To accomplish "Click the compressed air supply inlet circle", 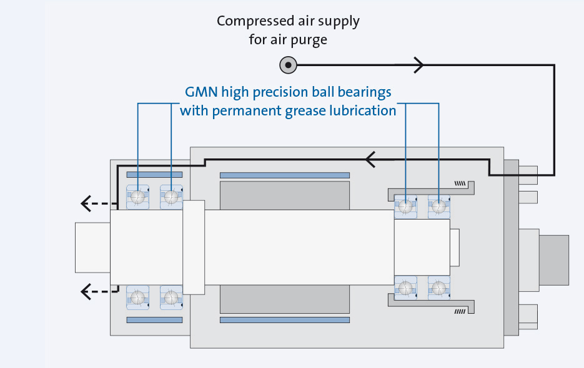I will [288, 64].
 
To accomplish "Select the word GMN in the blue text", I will [200, 92].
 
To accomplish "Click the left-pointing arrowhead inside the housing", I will [370, 160].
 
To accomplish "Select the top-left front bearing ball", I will [137, 197].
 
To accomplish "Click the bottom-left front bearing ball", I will [137, 297].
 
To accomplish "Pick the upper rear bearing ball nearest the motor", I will [407, 206].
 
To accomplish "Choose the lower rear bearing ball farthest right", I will [439, 288].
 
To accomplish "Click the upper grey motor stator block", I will [284, 195].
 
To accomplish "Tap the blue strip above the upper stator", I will [284, 175].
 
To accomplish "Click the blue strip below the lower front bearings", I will [154, 320].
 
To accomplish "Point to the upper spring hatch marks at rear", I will [460, 183].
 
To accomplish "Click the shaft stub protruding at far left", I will [92, 247].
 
